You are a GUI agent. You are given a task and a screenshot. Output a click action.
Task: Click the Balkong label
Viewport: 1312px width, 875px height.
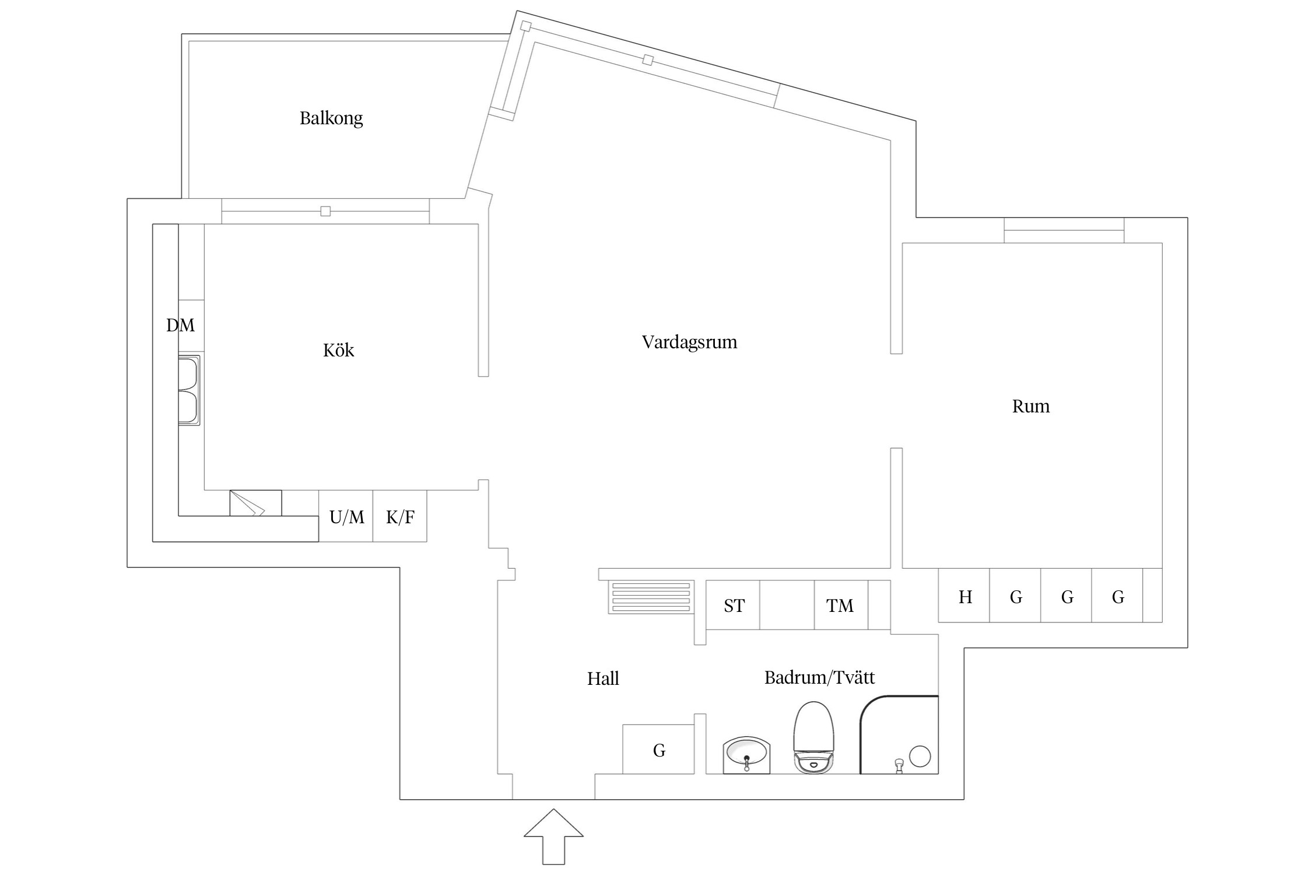tap(331, 118)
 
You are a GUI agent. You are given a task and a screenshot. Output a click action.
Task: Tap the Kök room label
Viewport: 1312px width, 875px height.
tap(338, 350)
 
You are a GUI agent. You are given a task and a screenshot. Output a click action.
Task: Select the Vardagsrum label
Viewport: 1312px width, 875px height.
tap(689, 342)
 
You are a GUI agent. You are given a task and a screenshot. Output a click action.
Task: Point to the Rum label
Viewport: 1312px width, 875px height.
tap(1030, 406)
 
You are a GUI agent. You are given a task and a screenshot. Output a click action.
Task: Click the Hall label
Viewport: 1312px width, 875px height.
tap(602, 678)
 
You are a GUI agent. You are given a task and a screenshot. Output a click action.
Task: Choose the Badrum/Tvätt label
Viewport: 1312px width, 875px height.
tap(819, 677)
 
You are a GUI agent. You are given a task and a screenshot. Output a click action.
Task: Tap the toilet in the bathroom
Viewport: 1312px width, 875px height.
tap(813, 738)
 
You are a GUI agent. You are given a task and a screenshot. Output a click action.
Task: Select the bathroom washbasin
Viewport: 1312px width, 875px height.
tap(746, 755)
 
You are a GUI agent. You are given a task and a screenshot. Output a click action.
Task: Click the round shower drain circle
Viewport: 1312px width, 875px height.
tap(920, 756)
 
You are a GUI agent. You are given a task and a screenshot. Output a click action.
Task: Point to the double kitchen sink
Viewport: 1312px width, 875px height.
tap(189, 390)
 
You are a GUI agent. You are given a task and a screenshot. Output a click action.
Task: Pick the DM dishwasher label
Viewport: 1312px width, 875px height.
tap(180, 325)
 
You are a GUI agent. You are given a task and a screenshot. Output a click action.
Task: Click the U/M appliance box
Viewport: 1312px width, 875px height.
tap(346, 517)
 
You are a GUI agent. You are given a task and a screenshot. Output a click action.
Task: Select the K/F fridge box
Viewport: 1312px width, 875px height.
tap(400, 517)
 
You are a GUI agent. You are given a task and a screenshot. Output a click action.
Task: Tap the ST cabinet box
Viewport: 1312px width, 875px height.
tap(733, 605)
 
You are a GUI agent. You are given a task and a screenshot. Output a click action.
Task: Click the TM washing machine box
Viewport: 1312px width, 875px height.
tap(840, 605)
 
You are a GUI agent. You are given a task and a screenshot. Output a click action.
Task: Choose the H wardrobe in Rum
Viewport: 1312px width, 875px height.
tap(964, 597)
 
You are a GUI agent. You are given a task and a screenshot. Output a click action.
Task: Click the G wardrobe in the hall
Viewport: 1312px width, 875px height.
tap(659, 750)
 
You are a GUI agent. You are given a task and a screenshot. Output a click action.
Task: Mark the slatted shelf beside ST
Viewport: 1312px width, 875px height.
tap(651, 597)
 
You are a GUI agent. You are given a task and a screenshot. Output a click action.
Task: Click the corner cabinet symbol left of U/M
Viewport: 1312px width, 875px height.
tap(255, 503)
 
